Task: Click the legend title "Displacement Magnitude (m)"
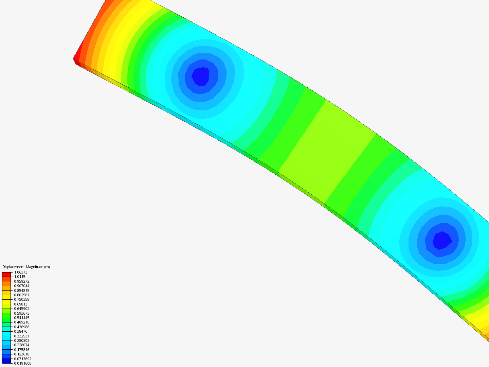(x=26, y=267)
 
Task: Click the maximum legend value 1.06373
(x=21, y=272)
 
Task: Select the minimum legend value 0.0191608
(x=23, y=364)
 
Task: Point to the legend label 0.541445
(x=22, y=318)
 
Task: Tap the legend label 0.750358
(x=22, y=299)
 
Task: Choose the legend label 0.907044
(x=22, y=286)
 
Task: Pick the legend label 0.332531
(x=22, y=336)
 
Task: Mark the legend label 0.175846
(x=22, y=350)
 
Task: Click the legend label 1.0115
(x=20, y=277)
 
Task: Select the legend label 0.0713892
(x=23, y=359)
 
